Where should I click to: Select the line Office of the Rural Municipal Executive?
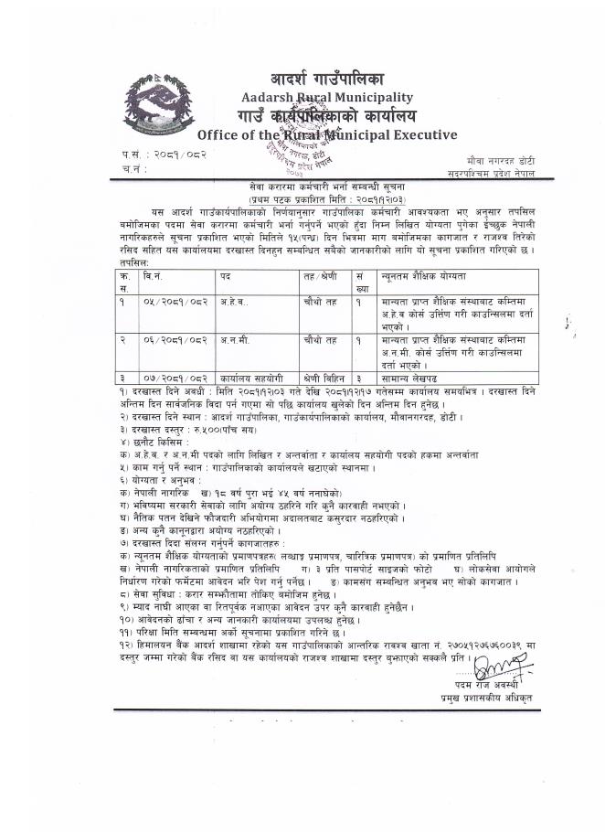coord(327,135)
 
